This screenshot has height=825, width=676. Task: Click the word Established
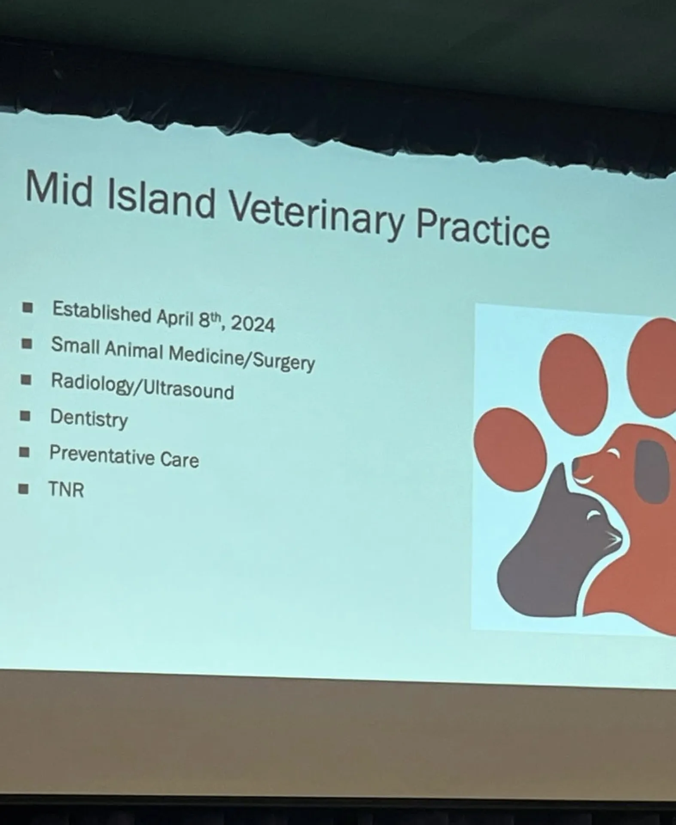102,312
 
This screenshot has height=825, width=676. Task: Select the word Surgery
284,361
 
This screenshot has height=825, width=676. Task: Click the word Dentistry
89,418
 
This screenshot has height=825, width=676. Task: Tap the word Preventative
102,455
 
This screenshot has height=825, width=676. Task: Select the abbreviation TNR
66,489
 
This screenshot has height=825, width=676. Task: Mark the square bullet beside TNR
24,489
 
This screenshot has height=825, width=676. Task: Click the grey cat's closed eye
595,513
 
